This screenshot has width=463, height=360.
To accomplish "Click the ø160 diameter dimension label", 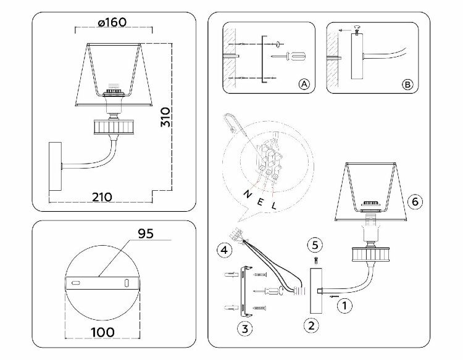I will click(x=112, y=22).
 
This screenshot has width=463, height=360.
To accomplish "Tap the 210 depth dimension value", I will click(x=102, y=197).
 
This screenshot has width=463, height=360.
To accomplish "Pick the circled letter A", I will click(x=303, y=84).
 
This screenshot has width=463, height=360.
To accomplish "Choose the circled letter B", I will click(x=406, y=84).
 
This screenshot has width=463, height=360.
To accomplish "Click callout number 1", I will click(x=347, y=303).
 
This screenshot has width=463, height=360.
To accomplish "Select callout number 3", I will click(x=245, y=329).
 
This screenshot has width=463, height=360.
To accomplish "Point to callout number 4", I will click(x=225, y=250).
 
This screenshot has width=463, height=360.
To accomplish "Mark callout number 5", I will click(x=315, y=244).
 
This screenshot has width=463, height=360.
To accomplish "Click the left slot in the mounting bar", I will click(x=75, y=283).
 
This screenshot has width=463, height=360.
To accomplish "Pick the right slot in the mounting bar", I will click(x=127, y=283).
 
